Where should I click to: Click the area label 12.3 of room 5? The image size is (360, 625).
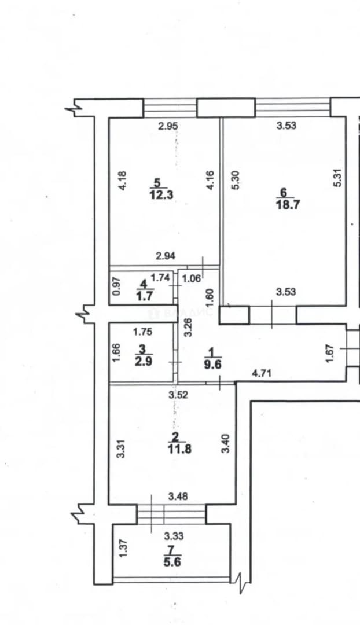coord(162,196)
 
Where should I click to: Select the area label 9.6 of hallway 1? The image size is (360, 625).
coord(213,365)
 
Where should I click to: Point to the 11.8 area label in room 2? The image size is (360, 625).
coord(179,449)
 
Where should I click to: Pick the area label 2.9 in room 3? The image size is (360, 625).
coord(143,362)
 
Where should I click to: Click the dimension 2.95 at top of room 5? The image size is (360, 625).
coord(168,126)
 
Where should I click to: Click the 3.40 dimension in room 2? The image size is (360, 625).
coord(225,444)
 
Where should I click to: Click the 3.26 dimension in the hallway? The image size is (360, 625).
coord(189,327)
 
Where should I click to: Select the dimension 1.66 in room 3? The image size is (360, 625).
coord(116,353)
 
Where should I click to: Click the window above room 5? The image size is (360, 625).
coord(170,108)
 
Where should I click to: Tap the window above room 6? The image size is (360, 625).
coord(293,108)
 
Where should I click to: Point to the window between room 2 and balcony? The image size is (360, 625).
coord(171,514)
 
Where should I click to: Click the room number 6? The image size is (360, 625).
coord(284,192)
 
